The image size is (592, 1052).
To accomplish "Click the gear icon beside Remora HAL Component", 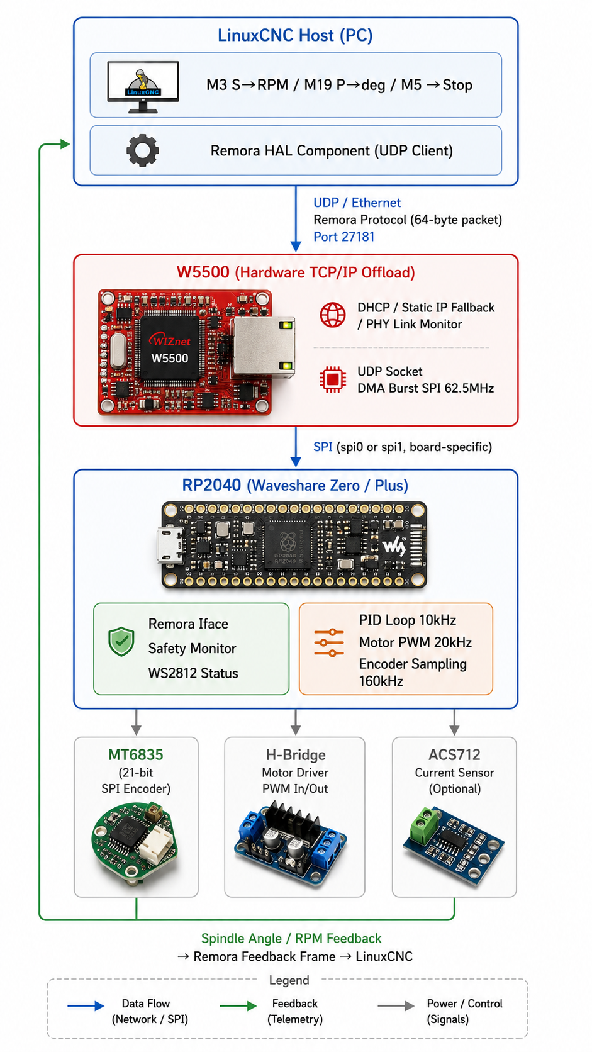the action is pos(142,150).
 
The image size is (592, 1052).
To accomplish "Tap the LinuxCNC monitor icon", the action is pos(143,87).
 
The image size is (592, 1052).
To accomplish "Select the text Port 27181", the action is pos(343,237).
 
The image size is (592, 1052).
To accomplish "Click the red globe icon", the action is pos(332,315).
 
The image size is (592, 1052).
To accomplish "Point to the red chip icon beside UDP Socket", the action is pos(332,379).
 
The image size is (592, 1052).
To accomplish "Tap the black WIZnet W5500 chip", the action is pos(169,348).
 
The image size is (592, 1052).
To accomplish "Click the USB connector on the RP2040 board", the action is pos(170,545).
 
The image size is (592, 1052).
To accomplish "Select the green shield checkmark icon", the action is pos(121,641).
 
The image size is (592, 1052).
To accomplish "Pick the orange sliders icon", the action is pos(328,642).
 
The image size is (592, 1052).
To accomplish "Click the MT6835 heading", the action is pos(136,754).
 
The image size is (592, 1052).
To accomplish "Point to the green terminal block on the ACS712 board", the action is pos(425,824).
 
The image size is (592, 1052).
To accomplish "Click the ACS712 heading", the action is pos(454,754).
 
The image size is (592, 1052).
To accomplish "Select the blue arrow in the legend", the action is pos(86,1005).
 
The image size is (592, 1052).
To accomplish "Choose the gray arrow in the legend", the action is pos(396,1005).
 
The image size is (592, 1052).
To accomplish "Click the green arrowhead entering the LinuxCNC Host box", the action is pos(65,143).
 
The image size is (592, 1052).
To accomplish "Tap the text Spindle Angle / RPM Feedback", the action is pos(291,938).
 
